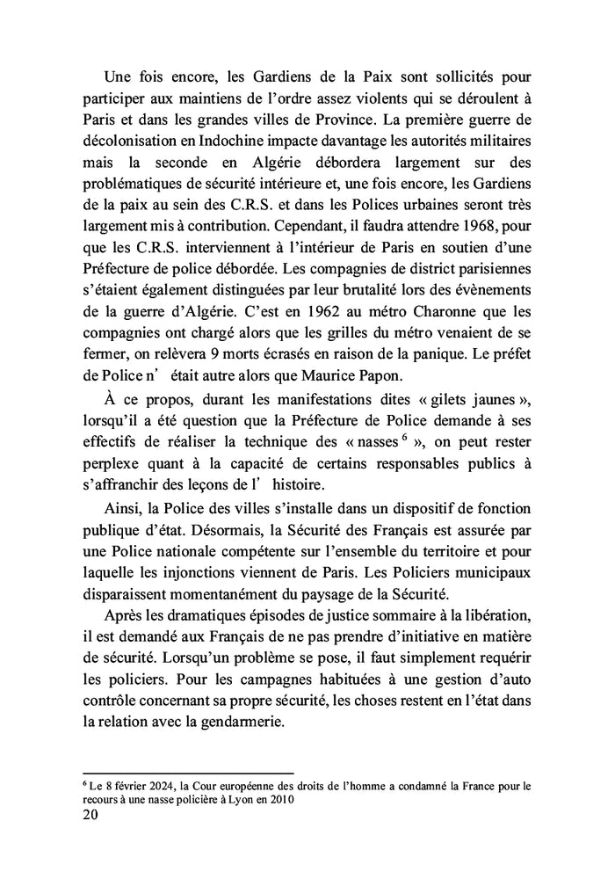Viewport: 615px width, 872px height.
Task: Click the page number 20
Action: coord(89,815)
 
